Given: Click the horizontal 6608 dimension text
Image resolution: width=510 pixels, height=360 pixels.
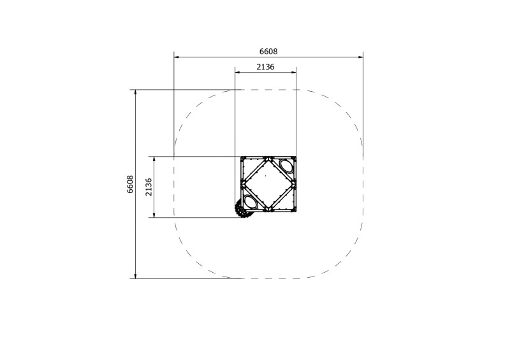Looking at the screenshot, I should tap(268, 52).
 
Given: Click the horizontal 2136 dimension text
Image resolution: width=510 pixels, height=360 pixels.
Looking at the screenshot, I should tap(265, 67).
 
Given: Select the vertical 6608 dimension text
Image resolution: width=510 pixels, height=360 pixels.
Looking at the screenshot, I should tap(130, 184).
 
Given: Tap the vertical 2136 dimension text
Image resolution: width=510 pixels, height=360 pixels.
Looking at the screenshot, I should tap(148, 187).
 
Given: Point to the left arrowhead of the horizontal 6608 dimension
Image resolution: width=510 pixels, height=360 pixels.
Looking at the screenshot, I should tap(177, 57).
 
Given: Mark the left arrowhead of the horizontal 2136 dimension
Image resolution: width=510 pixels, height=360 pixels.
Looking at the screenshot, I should tap(238, 73).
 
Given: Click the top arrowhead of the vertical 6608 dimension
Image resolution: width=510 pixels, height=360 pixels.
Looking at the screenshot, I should tap(135, 92).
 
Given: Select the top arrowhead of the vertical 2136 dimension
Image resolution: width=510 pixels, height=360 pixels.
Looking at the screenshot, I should tap(154, 159).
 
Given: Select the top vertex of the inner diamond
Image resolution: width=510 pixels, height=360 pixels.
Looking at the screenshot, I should tap(268, 158).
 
